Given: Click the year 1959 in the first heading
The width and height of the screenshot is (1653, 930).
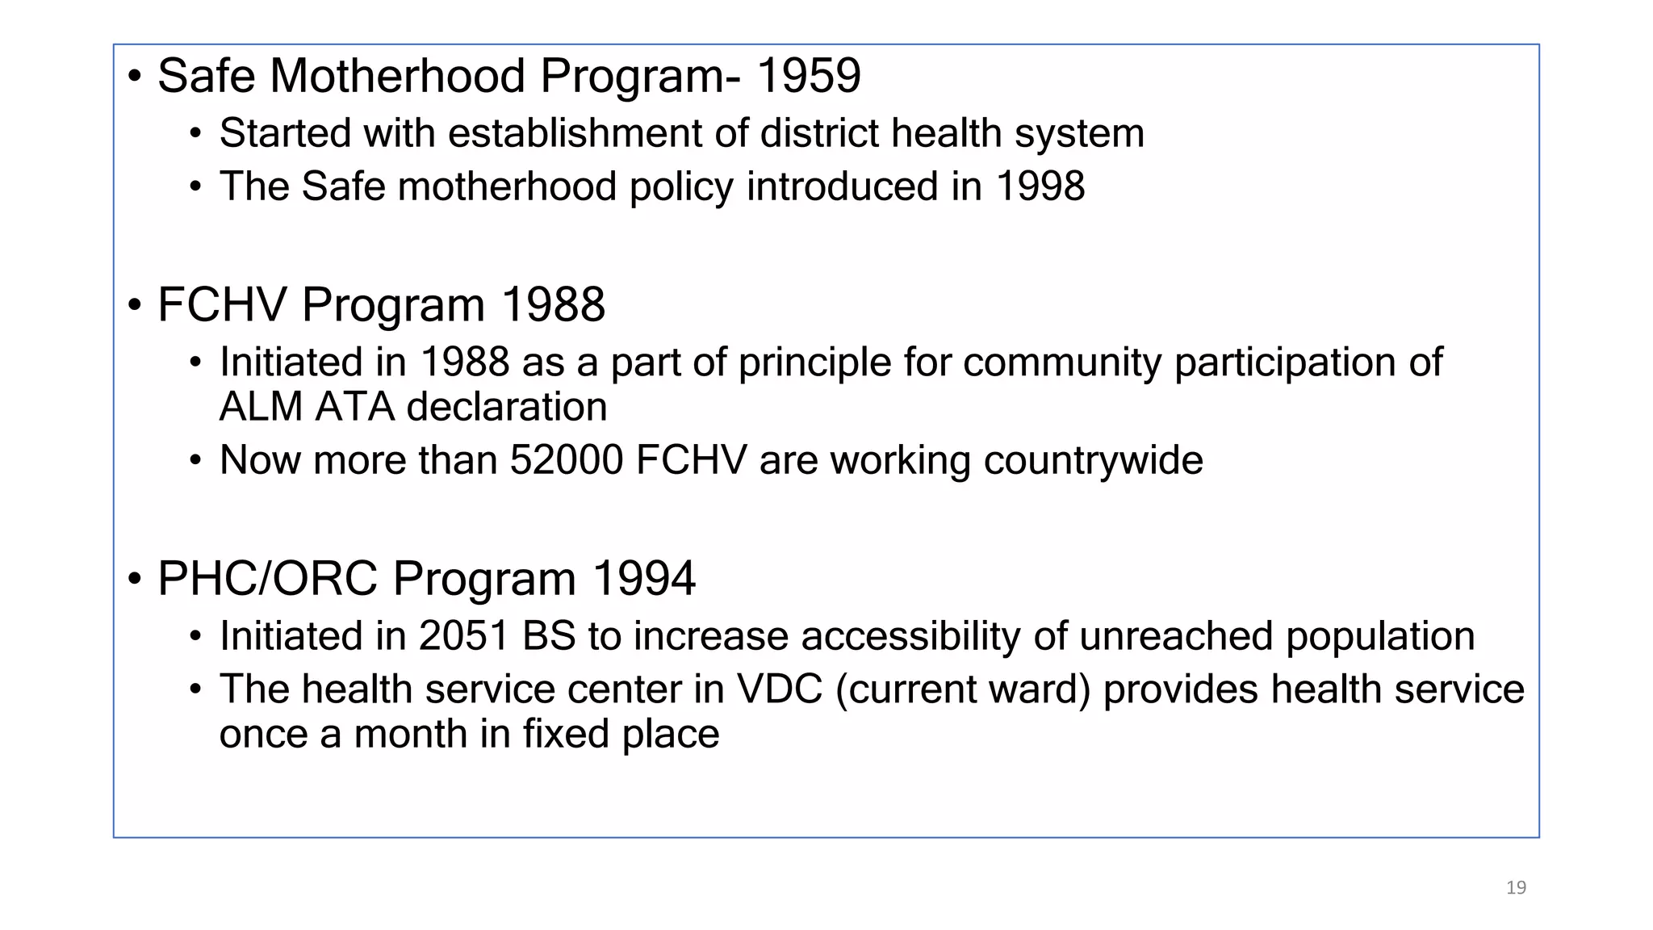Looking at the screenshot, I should point(809,76).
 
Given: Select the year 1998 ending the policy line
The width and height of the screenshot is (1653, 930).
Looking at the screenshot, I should point(1040,186).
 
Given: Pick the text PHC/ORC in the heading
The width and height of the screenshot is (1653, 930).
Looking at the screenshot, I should point(268,579).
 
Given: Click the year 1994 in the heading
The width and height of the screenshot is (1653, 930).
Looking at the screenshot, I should point(643,579).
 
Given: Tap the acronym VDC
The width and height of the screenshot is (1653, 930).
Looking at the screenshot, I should point(779,689).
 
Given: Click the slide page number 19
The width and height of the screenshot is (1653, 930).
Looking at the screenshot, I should point(1516,887).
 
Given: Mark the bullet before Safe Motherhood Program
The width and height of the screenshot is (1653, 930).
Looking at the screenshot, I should point(135,77).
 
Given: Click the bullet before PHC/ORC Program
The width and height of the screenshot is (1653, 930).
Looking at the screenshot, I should point(135,580).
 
